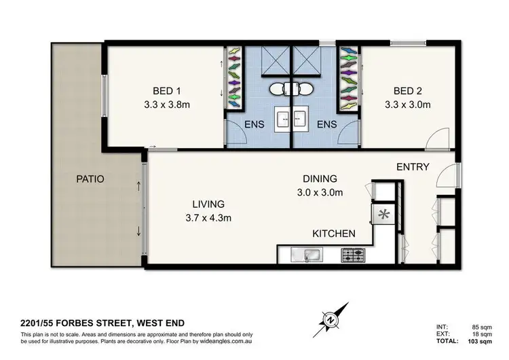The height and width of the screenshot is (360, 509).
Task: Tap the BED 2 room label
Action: point(408,90)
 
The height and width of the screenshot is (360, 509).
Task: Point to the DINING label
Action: point(320,179)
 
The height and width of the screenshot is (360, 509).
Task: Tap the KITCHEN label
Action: point(334,233)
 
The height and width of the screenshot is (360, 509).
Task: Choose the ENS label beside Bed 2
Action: point(327,124)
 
